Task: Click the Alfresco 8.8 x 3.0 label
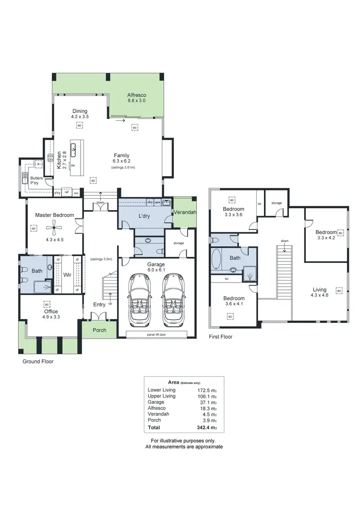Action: pyautogui.click(x=136, y=98)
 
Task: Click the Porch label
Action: pyautogui.click(x=99, y=330)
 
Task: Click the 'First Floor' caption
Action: pyautogui.click(x=220, y=337)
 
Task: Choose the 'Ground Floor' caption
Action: pyautogui.click(x=38, y=362)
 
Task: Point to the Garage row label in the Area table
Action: pyautogui.click(x=156, y=402)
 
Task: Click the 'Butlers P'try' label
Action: pyautogui.click(x=36, y=180)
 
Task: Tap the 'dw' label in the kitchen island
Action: pyautogui.click(x=72, y=166)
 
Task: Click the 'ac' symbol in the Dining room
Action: pyautogui.click(x=80, y=126)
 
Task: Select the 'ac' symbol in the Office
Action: pyautogui.click(x=47, y=304)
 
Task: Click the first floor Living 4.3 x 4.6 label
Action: pyautogui.click(x=319, y=293)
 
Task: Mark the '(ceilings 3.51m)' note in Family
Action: pyautogui.click(x=123, y=167)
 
